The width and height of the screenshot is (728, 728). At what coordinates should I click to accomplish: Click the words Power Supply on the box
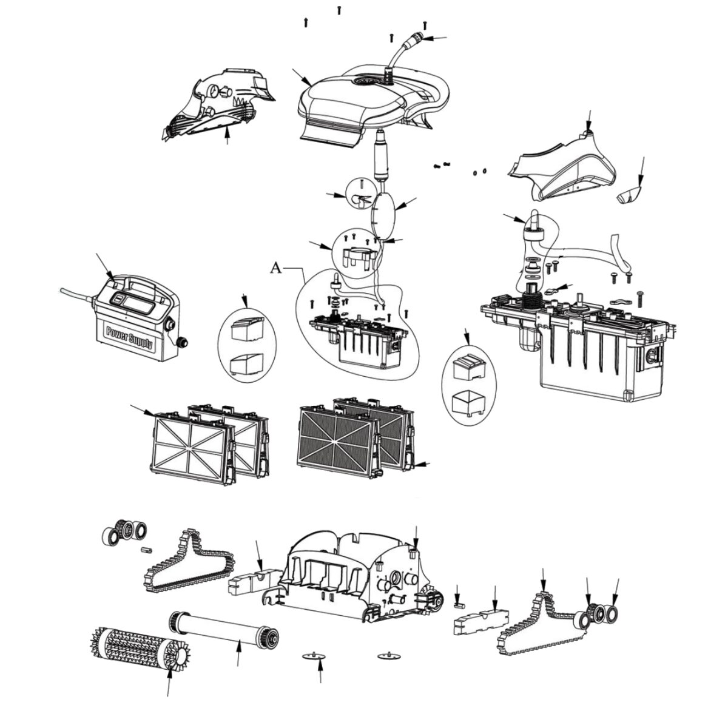coord(129,337)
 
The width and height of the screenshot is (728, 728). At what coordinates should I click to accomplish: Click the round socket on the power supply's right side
coord(180,343)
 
